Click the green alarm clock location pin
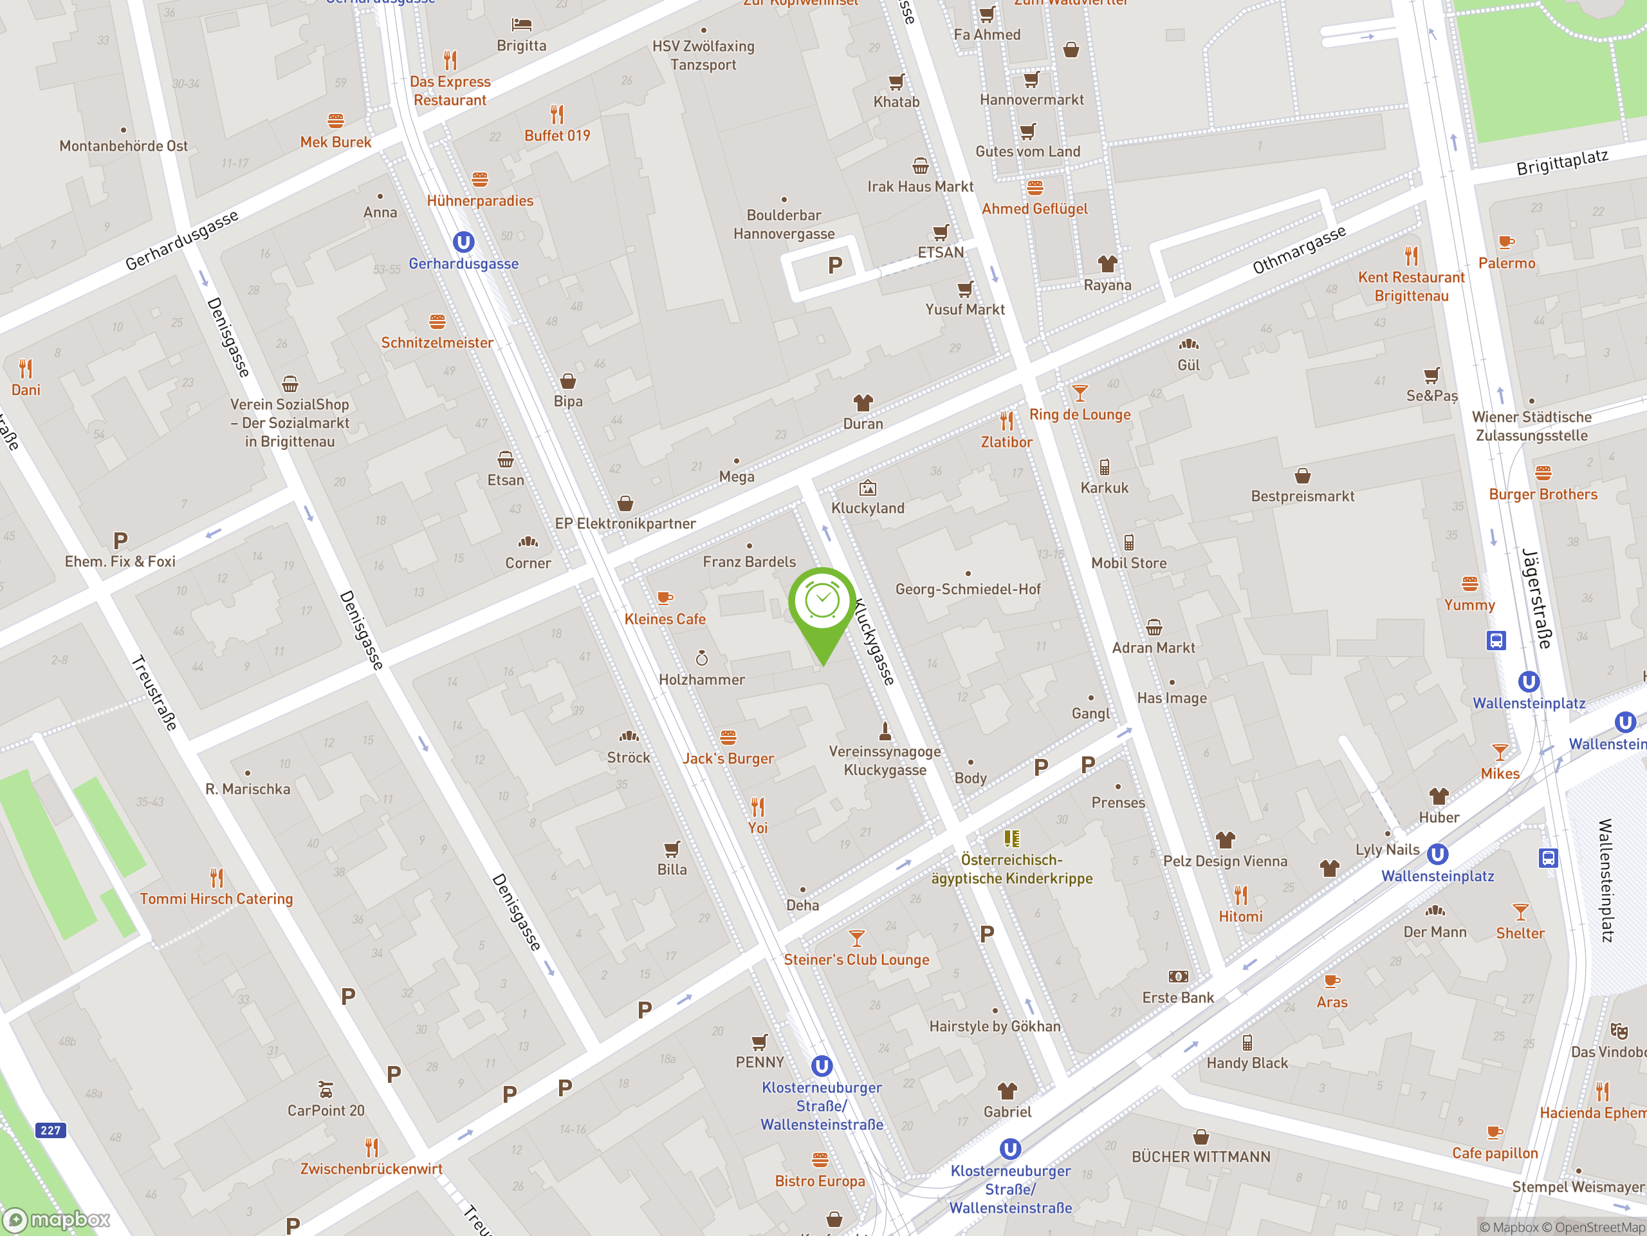[822, 603]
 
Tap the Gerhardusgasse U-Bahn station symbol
[463, 242]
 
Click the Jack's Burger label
[728, 758]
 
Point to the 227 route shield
[51, 1130]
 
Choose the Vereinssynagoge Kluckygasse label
[885, 761]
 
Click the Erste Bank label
[1178, 998]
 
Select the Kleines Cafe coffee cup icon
[664, 597]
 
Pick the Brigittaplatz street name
[1562, 162]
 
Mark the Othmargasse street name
[1300, 249]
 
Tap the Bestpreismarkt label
[1302, 496]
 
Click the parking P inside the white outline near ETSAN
[834, 265]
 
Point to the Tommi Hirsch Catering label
[216, 899]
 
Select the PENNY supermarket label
[759, 1062]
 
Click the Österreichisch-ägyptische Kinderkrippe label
[1011, 868]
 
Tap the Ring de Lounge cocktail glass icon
[1080, 393]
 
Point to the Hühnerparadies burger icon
[479, 180]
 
